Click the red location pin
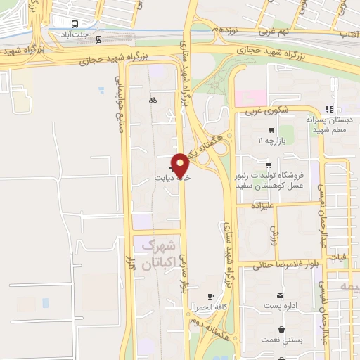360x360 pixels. (181, 165)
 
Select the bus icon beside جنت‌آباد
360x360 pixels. (98, 39)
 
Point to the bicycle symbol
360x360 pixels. (153, 101)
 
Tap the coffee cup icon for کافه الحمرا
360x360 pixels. (210, 297)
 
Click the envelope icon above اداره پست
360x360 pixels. (281, 294)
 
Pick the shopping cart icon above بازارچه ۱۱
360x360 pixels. (271, 130)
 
